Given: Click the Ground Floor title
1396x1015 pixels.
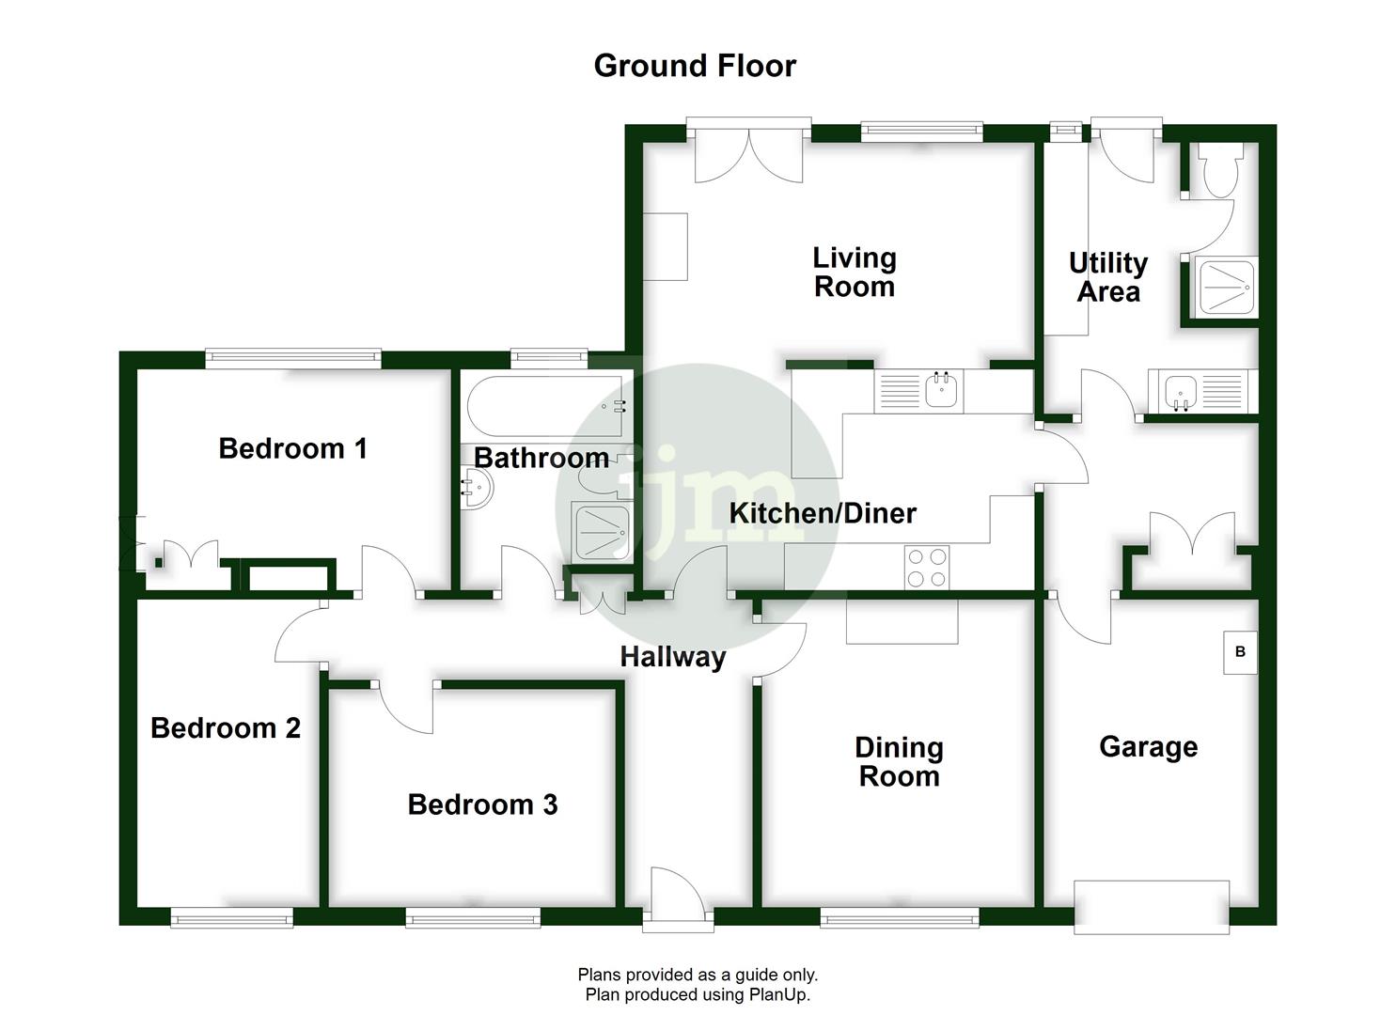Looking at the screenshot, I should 695,66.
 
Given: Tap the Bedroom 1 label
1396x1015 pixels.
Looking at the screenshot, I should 292,448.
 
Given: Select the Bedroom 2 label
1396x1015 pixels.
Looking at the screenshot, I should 226,727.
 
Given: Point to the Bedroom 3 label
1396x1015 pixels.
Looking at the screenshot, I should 482,804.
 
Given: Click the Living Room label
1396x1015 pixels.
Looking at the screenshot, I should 854,272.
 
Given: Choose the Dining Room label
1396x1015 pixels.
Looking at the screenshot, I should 899,761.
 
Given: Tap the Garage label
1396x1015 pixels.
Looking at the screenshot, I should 1148,747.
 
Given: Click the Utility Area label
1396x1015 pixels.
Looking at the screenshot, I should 1108,277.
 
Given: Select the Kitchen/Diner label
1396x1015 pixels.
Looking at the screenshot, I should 823,513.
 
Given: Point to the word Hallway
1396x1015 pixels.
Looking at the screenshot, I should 672,656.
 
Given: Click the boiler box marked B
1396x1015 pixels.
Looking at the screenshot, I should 1240,651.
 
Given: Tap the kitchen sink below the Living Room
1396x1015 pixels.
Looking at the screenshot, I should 943,389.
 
